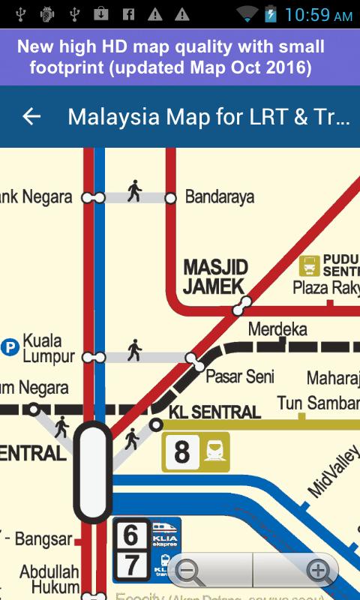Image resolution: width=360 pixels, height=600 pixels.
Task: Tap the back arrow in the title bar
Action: click(31, 116)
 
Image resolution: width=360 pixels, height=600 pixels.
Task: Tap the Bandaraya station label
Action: click(219, 197)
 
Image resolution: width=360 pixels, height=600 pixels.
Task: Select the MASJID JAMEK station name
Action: click(215, 277)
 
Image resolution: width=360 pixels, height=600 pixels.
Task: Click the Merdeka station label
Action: click(277, 329)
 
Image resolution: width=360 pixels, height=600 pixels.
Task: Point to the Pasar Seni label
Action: click(240, 376)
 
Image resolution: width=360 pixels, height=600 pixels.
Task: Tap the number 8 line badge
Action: click(181, 452)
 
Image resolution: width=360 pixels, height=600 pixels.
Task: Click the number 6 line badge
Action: click(131, 535)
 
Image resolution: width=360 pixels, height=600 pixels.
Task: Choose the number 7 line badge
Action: click(131, 565)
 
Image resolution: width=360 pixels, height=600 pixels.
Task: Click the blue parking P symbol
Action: click(10, 347)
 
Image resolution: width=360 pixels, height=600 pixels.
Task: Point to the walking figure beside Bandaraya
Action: click(134, 190)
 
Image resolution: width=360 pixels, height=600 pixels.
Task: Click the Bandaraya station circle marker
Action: click(170, 198)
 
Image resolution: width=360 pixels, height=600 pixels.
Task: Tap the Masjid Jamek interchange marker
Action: click(241, 306)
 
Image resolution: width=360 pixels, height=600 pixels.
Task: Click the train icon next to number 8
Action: click(215, 451)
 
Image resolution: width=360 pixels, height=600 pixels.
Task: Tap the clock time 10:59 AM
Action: click(318, 15)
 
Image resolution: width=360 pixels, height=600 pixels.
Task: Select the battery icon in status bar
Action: click(270, 13)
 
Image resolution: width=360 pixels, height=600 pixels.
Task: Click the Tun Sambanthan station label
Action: click(319, 403)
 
